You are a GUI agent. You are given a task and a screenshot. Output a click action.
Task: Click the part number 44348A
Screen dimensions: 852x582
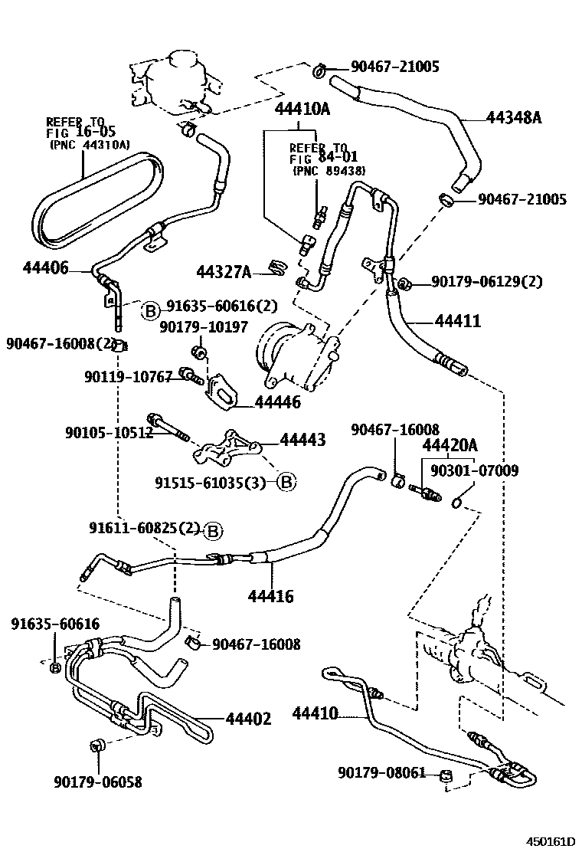click(513, 117)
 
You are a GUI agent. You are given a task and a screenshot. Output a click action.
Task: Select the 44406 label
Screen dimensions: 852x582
click(46, 267)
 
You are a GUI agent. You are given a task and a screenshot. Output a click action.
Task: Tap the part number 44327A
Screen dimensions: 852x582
click(224, 271)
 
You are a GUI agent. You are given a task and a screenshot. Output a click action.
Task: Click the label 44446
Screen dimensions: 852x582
click(277, 401)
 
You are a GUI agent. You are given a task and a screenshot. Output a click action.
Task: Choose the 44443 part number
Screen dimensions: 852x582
click(302, 440)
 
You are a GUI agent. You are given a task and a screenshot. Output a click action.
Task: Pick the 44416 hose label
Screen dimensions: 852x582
click(270, 595)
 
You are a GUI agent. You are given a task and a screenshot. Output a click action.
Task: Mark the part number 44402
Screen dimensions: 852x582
click(248, 719)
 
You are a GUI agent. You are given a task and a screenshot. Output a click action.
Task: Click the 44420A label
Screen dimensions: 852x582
click(450, 445)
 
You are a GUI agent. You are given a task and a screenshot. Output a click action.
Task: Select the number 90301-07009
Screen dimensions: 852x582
click(474, 470)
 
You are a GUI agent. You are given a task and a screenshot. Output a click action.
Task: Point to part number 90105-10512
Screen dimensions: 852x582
click(110, 433)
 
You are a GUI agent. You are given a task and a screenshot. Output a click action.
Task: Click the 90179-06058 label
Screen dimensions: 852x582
click(98, 782)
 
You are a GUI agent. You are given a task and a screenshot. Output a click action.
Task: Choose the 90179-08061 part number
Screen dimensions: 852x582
click(381, 772)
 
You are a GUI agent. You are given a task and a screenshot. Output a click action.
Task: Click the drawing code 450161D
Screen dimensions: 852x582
click(548, 841)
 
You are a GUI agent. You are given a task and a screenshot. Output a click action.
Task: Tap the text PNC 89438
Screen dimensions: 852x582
click(329, 171)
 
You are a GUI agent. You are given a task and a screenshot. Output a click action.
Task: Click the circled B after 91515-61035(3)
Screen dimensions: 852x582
click(286, 482)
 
